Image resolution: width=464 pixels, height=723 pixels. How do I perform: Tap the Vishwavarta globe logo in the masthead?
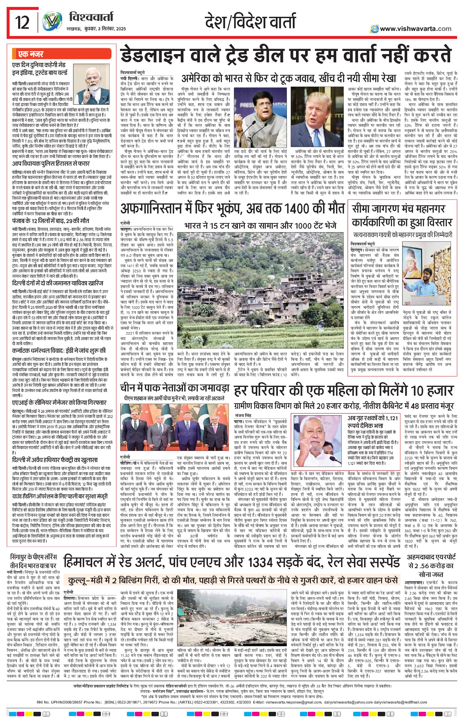(50, 23)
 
